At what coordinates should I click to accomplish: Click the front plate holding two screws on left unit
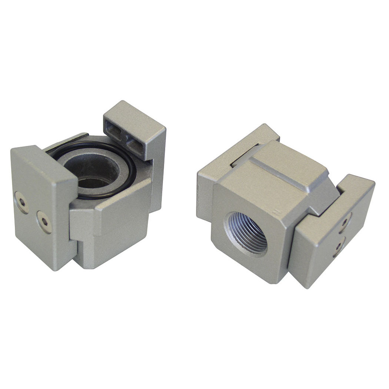(x=41, y=207)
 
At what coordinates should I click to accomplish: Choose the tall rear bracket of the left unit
(x=148, y=148)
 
